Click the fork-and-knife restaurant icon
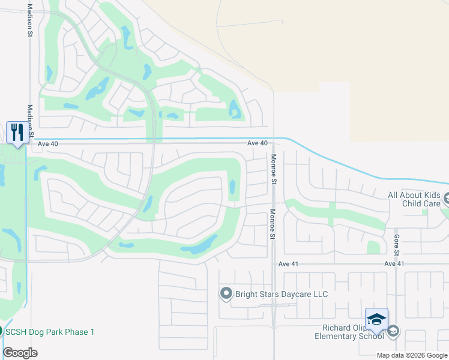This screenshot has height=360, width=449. pos(17,133)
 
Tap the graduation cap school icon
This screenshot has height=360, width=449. pos(376,319)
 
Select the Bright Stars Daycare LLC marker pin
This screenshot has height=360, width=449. pos(226,293)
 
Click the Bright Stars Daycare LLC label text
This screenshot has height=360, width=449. pos(282,294)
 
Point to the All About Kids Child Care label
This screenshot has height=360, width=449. pos(414,199)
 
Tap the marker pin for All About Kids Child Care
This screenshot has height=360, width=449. pos(447,197)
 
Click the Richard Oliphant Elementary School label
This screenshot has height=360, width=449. pos(349,332)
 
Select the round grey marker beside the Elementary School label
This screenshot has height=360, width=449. pos(393,331)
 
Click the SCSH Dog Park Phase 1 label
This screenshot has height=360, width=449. pos(51,332)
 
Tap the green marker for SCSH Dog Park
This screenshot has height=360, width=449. pos(1,331)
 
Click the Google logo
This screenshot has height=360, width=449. pos(20,353)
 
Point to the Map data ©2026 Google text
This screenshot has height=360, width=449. pos(412,355)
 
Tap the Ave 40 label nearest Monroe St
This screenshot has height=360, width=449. pos(257,143)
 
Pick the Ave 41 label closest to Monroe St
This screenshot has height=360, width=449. pos(288,264)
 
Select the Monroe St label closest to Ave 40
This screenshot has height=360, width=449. pos(273,169)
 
